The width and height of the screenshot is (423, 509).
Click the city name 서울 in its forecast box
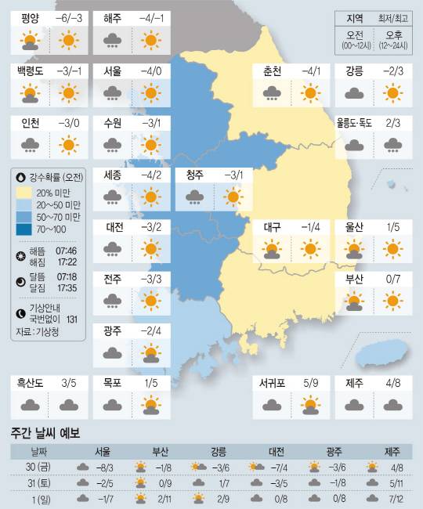[x=112, y=71]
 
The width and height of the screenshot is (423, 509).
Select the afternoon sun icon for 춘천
[x=311, y=92]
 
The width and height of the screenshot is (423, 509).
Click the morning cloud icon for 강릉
[x=354, y=92]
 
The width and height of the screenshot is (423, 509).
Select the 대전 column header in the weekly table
[x=277, y=452]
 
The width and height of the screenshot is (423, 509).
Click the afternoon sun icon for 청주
[x=233, y=197]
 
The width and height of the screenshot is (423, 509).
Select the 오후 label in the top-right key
[x=389, y=35]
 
